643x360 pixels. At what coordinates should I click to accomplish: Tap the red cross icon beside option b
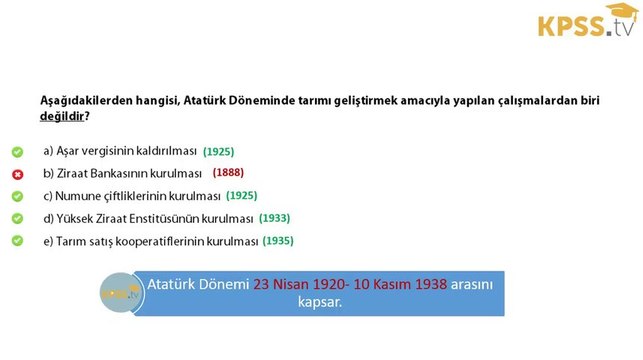17,174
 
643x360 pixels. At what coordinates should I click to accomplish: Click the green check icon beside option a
17,152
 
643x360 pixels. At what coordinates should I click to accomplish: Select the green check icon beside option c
17,196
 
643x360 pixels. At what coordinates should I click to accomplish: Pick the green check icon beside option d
17,218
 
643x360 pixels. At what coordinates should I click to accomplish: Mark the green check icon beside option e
17,241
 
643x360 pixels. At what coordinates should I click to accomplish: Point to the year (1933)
275,218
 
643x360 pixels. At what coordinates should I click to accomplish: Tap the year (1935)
278,241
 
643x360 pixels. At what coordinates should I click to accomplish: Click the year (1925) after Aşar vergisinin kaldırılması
218,152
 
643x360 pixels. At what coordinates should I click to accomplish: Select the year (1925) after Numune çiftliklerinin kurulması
241,196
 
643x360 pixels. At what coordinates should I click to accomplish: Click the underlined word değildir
61,117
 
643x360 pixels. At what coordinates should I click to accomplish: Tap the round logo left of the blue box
118,293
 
